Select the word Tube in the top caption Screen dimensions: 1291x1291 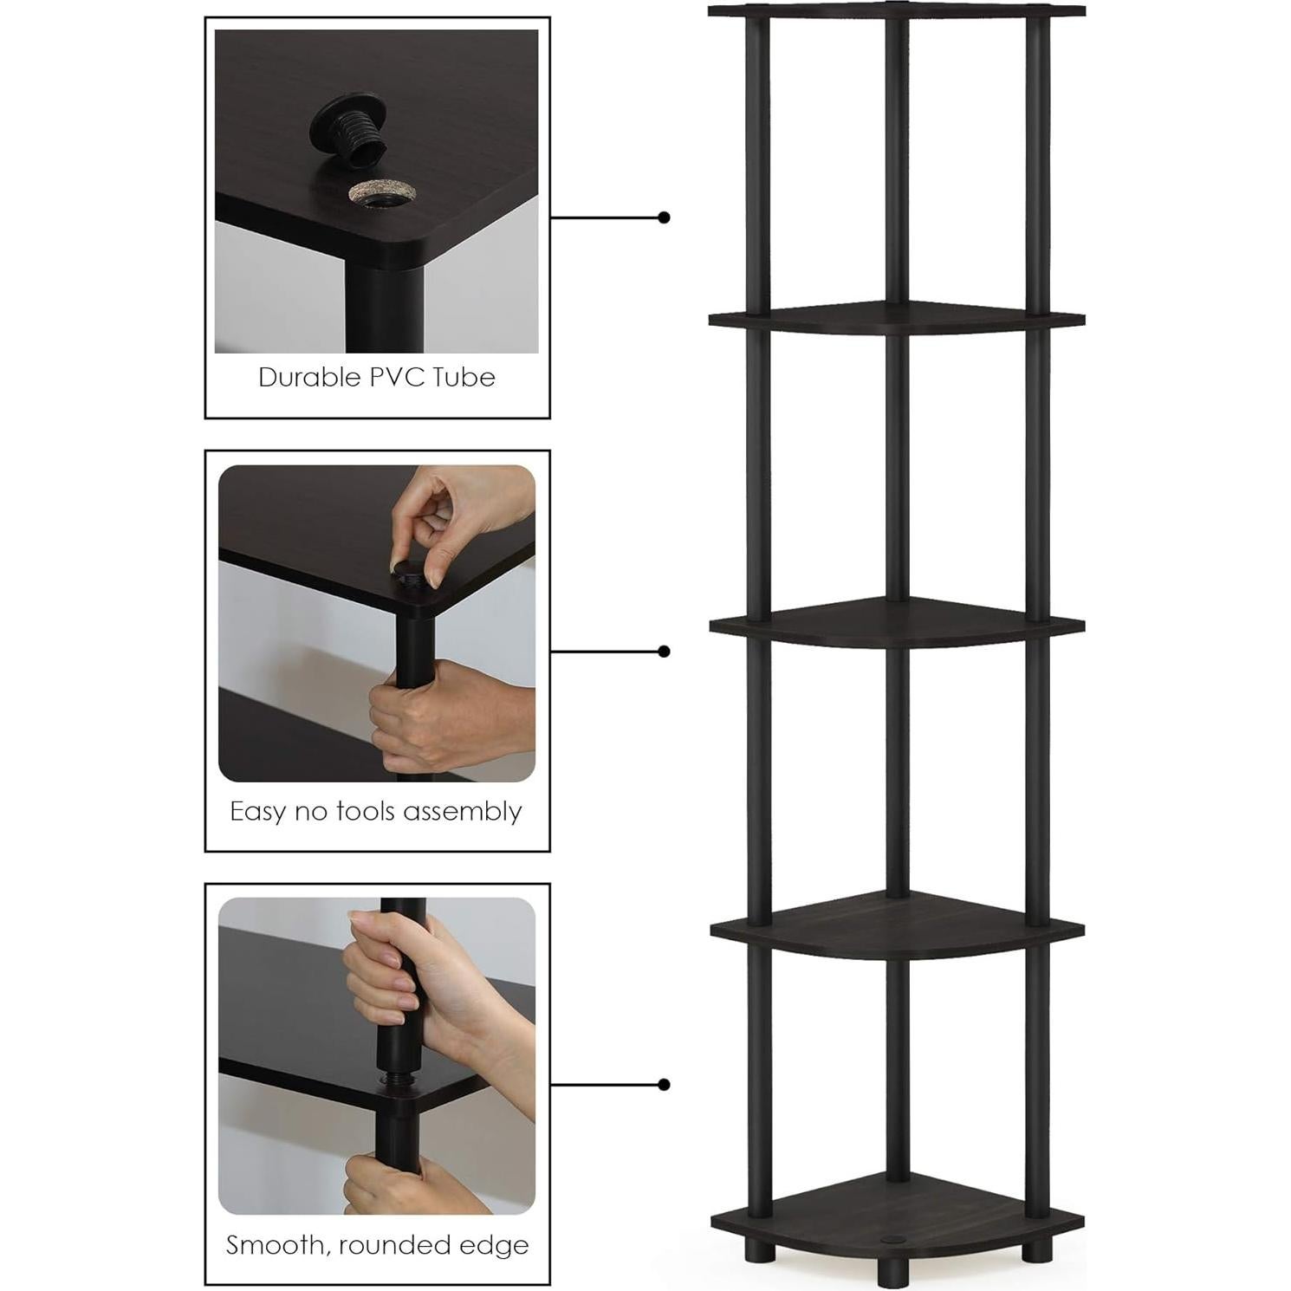tap(466, 378)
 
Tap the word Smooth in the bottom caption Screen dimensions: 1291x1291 tap(276, 1245)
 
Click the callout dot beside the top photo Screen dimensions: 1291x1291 tap(664, 217)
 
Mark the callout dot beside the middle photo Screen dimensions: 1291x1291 tap(664, 651)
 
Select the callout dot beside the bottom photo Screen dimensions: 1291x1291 tap(664, 1084)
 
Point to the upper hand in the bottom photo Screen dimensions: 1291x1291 tap(390, 970)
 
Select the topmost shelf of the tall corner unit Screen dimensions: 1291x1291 tap(896, 10)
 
